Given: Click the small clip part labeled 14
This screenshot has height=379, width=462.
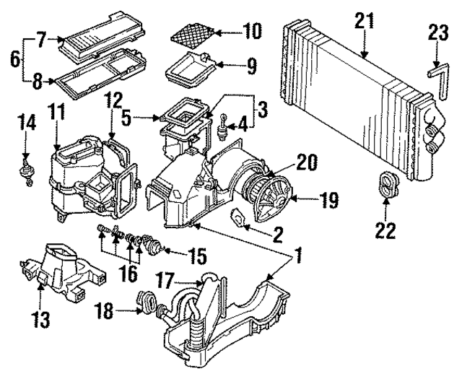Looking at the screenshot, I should [28, 173].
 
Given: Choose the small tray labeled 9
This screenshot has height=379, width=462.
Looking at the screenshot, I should [188, 71].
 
